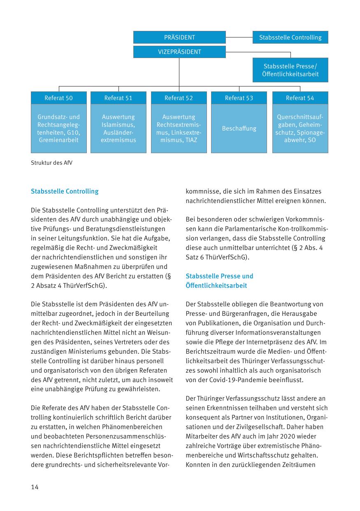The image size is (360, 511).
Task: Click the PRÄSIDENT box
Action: point(179,37)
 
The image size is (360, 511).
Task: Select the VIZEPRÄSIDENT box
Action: point(179,52)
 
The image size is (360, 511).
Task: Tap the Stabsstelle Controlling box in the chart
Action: point(290,37)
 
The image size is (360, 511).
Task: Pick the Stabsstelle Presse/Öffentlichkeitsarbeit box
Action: point(290,70)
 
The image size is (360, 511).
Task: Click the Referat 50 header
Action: point(58,98)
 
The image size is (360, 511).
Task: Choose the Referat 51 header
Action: point(118,98)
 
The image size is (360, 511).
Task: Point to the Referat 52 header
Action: point(179,98)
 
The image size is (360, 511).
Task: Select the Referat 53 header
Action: point(239,98)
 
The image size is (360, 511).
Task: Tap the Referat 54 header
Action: point(300,98)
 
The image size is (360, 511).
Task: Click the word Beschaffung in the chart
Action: point(239,128)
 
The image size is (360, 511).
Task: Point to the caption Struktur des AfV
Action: point(51,163)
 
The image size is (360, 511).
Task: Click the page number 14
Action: point(35,487)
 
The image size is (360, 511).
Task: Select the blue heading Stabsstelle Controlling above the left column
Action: point(65,191)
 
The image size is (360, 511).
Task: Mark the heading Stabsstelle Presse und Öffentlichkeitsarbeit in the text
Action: point(219,281)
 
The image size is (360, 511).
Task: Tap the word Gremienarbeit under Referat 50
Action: point(58,140)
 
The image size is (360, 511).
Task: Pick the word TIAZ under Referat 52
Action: point(191,140)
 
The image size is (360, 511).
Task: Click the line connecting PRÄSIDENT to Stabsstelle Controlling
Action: point(239,37)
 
